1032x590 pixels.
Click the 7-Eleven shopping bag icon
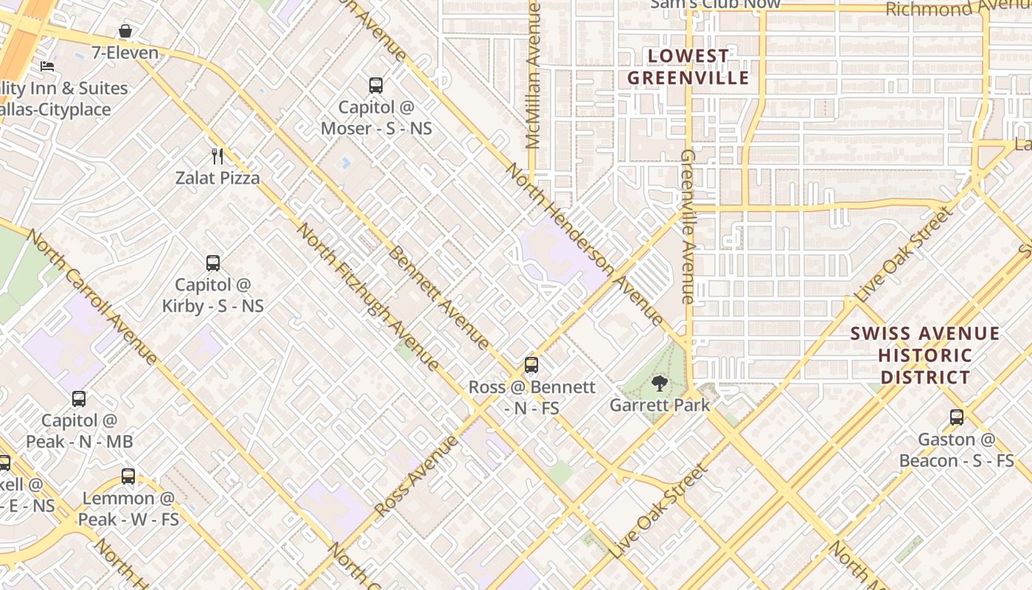pos(125,32)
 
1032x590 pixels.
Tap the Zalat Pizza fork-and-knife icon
pos(217,156)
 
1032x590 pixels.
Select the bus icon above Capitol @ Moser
pos(376,86)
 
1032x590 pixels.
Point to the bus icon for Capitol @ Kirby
pos(213,263)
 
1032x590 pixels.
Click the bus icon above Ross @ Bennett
pos(531,365)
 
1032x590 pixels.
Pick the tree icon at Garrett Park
pos(660,383)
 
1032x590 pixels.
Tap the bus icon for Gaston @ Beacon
pos(957,417)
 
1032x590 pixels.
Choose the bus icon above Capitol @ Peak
pos(79,399)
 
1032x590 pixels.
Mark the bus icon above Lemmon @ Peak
pos(128,476)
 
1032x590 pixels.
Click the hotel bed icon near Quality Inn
pos(47,66)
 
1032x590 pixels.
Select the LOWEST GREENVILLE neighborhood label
pos(688,67)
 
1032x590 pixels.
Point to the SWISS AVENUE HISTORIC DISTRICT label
pos(925,355)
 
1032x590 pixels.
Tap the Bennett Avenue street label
pos(438,297)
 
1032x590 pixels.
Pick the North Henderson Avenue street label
pos(585,244)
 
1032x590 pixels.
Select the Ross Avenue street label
pos(416,476)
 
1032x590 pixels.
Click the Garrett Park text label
pos(660,405)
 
